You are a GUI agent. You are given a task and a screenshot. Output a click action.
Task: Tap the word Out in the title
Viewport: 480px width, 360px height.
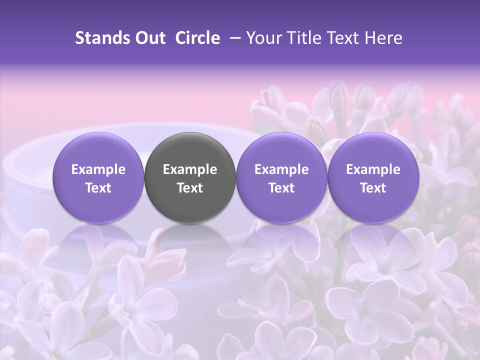pyautogui.click(x=149, y=38)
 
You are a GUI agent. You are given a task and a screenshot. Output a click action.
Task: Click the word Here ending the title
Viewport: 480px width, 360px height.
pyautogui.click(x=385, y=38)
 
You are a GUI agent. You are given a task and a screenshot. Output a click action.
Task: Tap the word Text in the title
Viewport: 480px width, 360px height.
pyautogui.click(x=344, y=38)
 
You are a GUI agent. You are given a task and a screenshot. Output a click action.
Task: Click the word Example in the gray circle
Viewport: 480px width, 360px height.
pyautogui.click(x=190, y=169)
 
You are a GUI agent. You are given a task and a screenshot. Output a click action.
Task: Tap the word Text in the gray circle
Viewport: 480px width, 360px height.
pyautogui.click(x=190, y=188)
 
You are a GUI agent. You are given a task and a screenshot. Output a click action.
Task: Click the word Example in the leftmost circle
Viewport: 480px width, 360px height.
pyautogui.click(x=98, y=169)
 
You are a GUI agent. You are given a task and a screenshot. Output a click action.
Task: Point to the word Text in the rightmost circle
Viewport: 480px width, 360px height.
pyautogui.click(x=373, y=188)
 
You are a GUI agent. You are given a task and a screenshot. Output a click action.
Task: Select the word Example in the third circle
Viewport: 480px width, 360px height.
pyautogui.click(x=281, y=169)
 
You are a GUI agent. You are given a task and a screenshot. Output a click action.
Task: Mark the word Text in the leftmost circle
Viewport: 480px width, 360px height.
pyautogui.click(x=98, y=188)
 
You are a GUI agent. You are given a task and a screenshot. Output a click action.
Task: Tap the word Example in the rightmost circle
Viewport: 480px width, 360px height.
pyautogui.click(x=373, y=169)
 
